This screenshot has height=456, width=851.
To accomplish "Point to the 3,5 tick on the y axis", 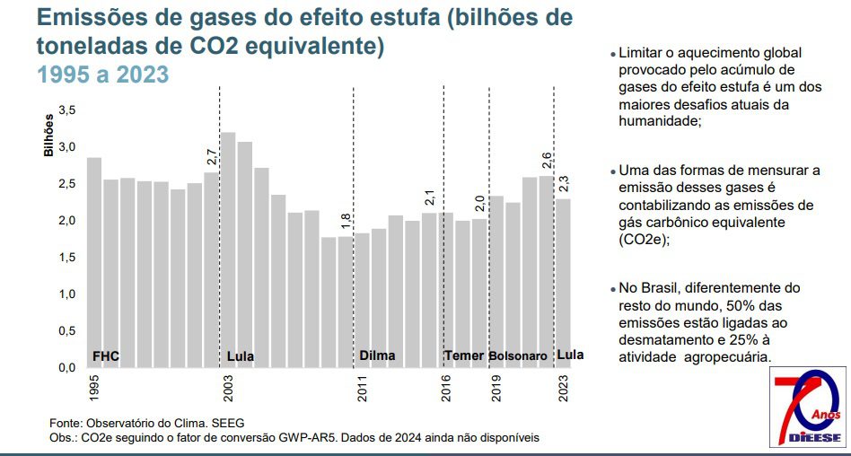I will point(67,110).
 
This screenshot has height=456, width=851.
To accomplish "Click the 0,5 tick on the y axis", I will point(67,330).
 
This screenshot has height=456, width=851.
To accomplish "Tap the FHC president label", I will point(106,356).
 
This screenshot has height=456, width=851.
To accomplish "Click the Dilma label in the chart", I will point(377,355).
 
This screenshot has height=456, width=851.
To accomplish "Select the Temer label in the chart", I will point(464,355).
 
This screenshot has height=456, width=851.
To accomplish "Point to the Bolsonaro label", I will point(518,356).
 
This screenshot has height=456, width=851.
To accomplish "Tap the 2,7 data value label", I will point(212,156).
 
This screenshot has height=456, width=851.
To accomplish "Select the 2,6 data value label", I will point(547,162).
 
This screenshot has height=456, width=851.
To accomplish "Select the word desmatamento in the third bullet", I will point(658,340).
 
